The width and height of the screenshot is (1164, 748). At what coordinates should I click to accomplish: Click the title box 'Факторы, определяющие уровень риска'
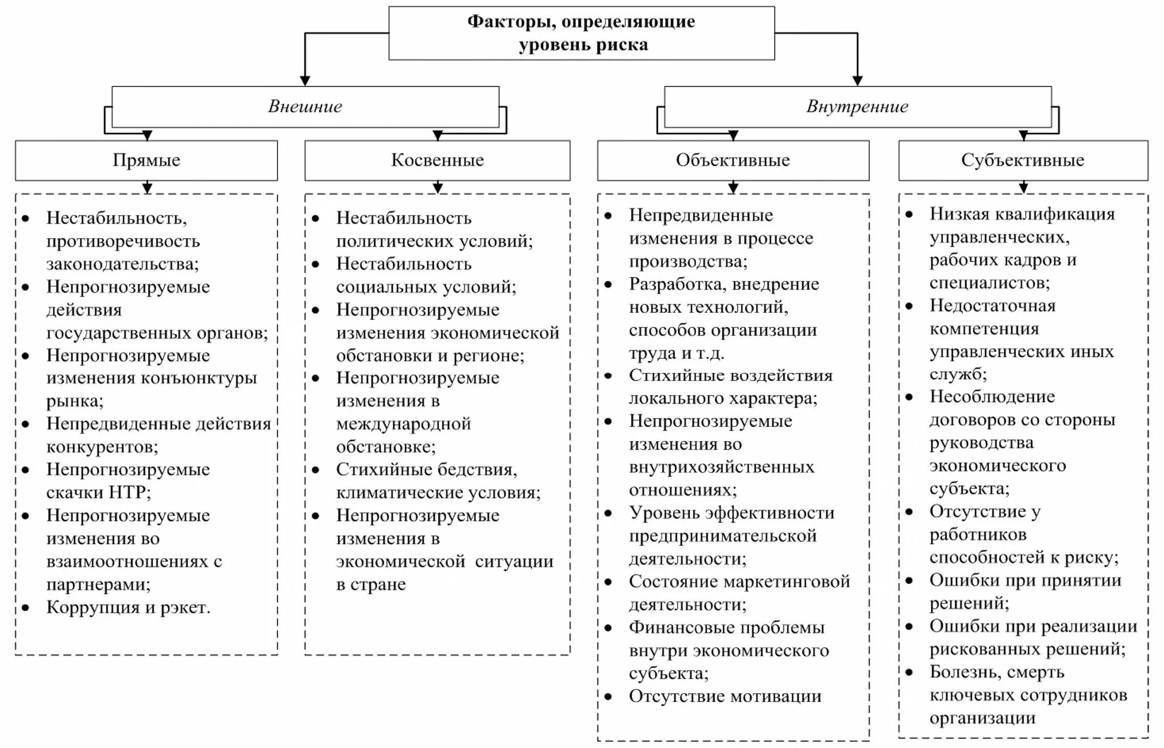click(581, 33)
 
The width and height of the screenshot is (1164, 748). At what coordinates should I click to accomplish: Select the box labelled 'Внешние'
click(305, 106)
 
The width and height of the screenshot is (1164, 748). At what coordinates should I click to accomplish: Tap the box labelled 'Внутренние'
click(857, 106)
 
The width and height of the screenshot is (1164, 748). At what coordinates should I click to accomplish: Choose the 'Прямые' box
click(146, 160)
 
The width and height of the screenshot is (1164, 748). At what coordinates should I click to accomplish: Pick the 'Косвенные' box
click(437, 160)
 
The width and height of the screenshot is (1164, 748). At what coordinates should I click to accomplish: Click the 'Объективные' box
click(733, 160)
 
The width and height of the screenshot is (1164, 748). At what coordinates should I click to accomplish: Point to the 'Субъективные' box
click(1022, 160)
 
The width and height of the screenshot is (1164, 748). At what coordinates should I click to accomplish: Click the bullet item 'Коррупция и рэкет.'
click(128, 608)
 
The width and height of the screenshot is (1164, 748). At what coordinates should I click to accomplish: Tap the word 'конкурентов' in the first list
click(102, 447)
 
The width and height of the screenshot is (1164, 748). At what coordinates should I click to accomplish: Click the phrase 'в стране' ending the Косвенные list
click(371, 584)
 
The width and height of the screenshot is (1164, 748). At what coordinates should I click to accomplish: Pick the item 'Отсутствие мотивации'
click(725, 696)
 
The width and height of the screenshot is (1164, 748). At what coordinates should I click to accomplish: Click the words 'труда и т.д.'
click(677, 353)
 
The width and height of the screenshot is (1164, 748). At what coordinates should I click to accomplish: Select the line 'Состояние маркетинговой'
click(739, 581)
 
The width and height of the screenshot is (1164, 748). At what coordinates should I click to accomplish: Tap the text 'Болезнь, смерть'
click(997, 672)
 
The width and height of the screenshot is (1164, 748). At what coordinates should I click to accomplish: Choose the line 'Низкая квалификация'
click(1022, 214)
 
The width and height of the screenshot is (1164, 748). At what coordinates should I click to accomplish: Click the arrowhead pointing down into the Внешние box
click(305, 81)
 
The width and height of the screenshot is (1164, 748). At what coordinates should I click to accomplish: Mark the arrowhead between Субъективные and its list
click(1023, 187)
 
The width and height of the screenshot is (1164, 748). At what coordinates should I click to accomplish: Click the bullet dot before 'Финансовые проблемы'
click(608, 628)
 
